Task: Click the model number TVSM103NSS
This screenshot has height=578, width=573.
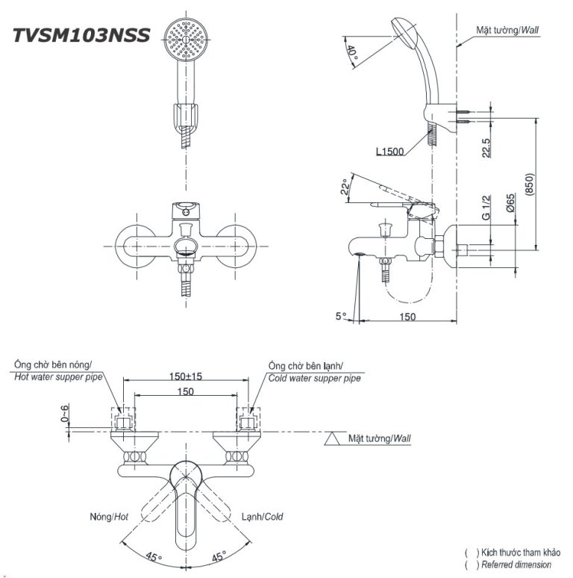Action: pos(82,35)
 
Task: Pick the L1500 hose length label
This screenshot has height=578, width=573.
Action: pos(390,152)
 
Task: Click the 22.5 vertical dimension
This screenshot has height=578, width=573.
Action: pos(486,147)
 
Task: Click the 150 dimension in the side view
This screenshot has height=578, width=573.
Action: pos(407,317)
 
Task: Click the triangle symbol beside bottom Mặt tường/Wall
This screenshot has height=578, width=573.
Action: pos(333,438)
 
